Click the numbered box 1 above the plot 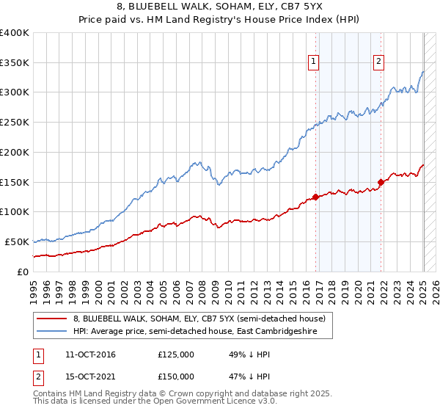point(313,62)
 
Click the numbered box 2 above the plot point(379,62)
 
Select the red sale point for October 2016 point(315,197)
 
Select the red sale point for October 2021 point(381,182)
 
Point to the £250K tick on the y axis point(15,123)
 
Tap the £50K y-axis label point(18,241)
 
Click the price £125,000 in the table point(176,354)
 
